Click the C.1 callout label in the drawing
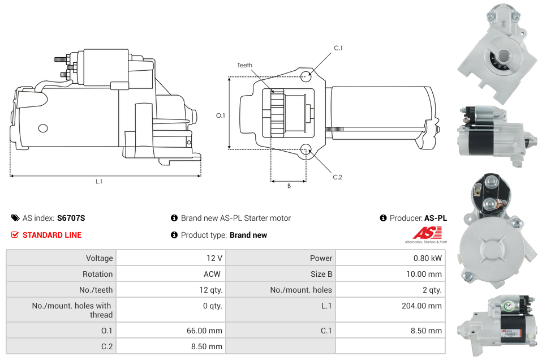338,48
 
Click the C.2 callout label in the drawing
337,177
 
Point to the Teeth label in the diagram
244,66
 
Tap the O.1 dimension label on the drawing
221,115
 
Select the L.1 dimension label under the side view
99,182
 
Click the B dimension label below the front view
289,186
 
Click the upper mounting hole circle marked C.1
306,76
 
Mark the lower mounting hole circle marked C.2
306,149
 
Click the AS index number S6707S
71,218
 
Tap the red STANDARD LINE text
51,235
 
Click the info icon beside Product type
174,235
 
